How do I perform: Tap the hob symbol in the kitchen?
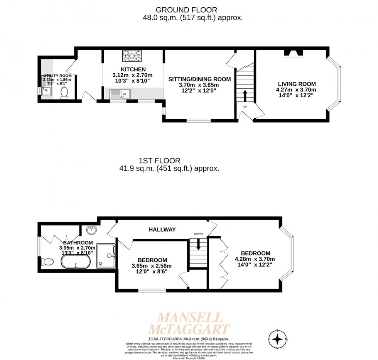click(x=132, y=56)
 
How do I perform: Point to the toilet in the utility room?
click(x=64, y=93)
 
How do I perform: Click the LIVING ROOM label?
click(x=297, y=84)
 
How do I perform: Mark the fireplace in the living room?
click(x=294, y=54)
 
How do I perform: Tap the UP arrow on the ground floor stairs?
click(x=245, y=95)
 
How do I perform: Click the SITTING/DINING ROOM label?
click(x=199, y=79)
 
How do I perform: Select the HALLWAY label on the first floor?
click(x=162, y=229)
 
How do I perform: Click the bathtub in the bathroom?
click(x=76, y=262)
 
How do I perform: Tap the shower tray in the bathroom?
click(x=106, y=255)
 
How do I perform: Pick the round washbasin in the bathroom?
click(x=92, y=230)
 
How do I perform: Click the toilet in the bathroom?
click(x=47, y=262)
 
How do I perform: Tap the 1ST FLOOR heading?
click(x=160, y=161)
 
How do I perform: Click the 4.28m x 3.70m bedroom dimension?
click(x=255, y=259)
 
